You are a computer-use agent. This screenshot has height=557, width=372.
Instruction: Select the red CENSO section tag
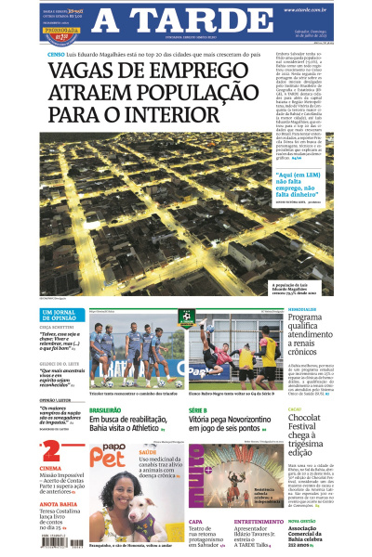tap(55, 54)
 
